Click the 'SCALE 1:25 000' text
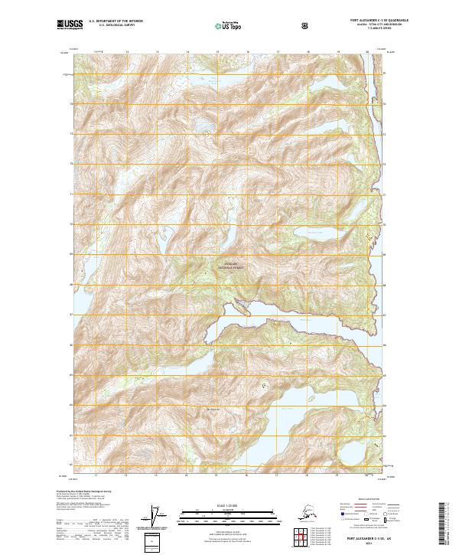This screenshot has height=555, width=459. pyautogui.click(x=229, y=506)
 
